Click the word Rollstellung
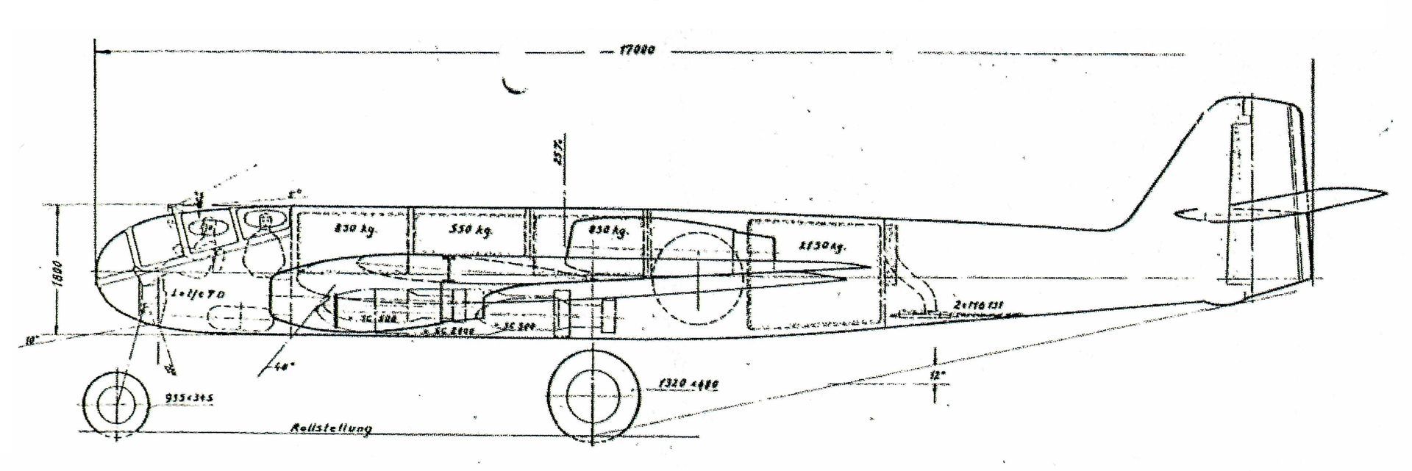click(x=331, y=428)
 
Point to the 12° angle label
click(x=935, y=376)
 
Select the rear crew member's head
click(x=263, y=220)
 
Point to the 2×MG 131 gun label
click(x=978, y=303)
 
